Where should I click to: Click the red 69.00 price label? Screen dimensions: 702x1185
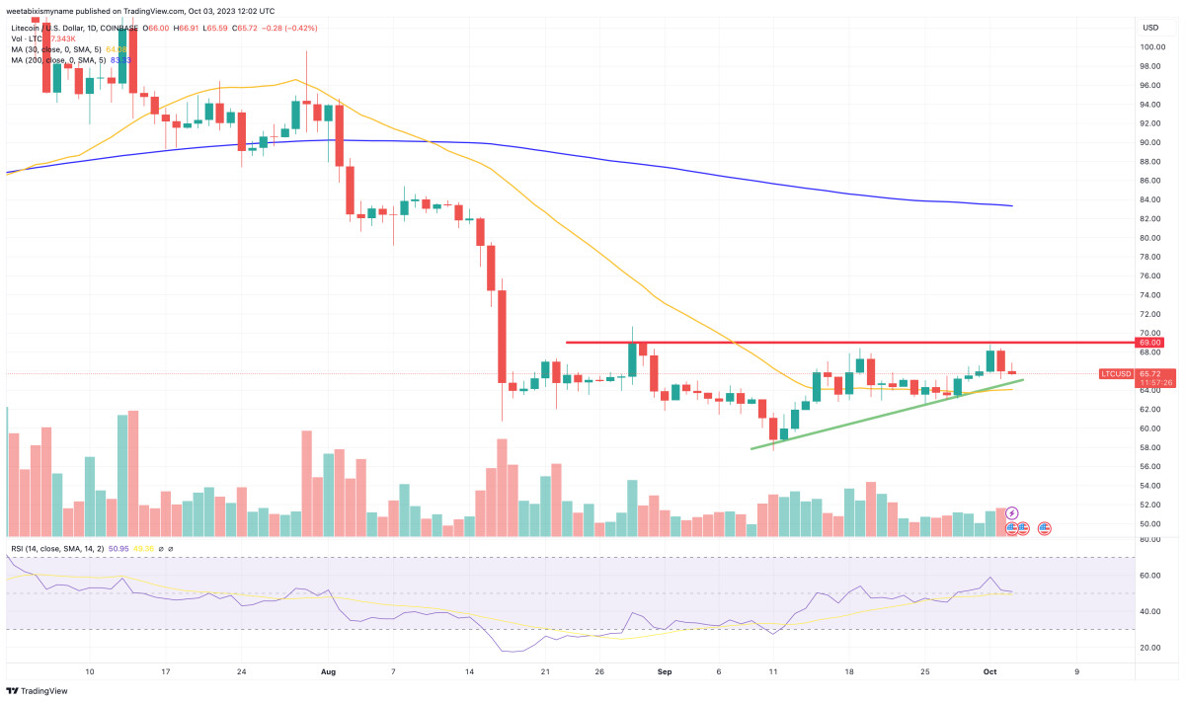click(1150, 343)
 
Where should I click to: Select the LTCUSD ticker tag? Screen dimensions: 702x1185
click(1116, 373)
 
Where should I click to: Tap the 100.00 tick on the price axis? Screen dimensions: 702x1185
click(1150, 46)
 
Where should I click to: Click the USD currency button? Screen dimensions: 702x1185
click(1150, 27)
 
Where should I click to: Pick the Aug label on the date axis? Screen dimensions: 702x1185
click(329, 671)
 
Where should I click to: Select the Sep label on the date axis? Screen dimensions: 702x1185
click(665, 671)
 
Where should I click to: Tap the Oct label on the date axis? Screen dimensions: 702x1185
click(989, 671)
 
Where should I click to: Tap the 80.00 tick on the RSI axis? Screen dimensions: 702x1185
click(1150, 540)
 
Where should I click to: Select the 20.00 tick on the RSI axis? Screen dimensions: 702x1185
click(1150, 648)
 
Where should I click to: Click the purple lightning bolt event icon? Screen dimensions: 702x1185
click(1011, 514)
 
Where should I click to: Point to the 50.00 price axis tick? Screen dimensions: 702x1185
click(1150, 524)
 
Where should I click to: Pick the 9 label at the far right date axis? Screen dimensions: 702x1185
click(1076, 671)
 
